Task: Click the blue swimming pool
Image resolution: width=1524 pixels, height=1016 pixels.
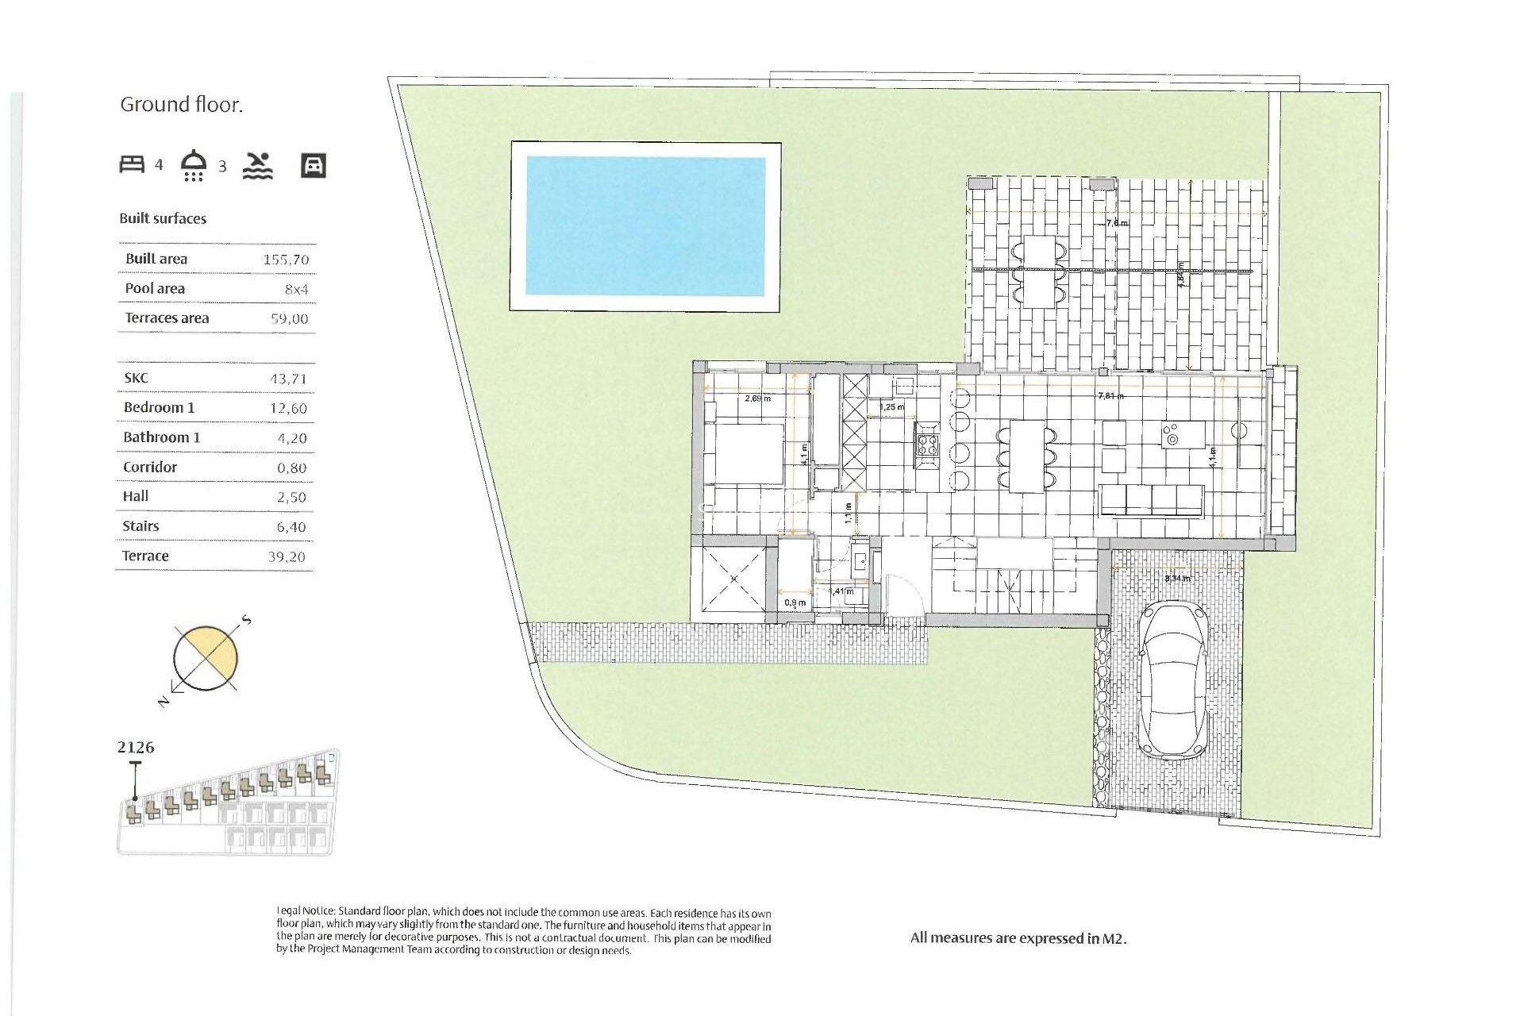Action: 645,226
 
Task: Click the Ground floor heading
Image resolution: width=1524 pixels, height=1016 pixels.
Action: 181,105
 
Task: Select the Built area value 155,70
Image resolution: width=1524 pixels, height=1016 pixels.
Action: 286,260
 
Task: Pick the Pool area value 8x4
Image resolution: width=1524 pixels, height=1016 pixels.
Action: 296,290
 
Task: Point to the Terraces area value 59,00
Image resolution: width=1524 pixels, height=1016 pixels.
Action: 289,319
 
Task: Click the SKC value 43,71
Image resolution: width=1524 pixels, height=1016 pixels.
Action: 288,379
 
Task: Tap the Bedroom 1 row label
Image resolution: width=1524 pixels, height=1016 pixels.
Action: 159,407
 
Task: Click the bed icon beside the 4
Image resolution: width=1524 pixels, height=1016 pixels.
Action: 132,164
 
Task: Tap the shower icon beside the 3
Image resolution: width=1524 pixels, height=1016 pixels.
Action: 194,164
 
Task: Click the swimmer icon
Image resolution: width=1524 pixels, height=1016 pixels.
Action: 257,165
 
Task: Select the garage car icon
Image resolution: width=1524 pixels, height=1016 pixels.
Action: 314,165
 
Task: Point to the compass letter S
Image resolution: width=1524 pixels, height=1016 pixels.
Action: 247,620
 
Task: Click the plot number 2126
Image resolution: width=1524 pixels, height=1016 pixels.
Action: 136,748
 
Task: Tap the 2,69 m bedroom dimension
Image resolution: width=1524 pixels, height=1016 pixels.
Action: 757,398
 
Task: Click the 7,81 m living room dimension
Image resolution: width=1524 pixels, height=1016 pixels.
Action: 1110,395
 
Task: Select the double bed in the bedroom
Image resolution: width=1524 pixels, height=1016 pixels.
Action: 745,454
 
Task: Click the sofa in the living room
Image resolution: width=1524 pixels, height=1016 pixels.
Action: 1153,501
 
